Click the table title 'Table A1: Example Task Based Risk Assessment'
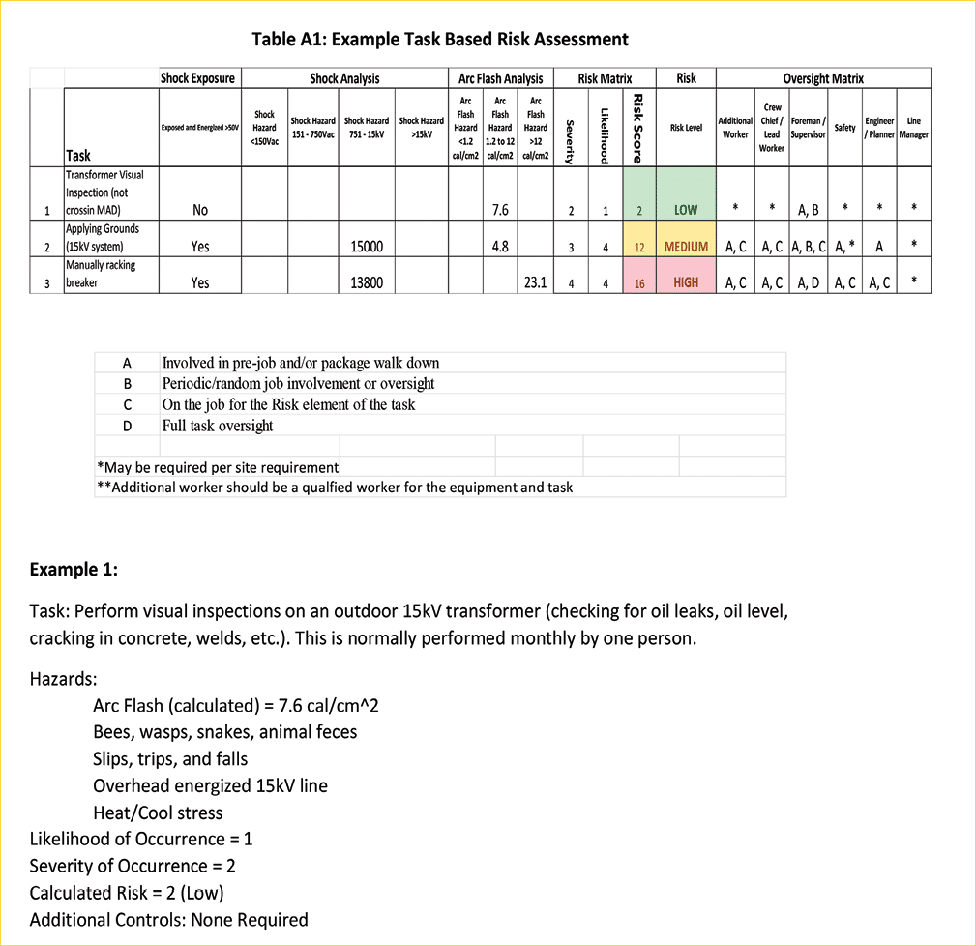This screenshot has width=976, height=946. (x=440, y=40)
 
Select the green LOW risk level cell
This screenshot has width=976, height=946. (x=686, y=210)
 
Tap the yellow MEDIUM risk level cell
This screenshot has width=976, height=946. (x=686, y=247)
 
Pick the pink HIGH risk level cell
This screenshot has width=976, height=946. (x=686, y=282)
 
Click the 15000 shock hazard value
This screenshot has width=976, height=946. (x=367, y=247)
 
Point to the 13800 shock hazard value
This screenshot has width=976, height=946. (x=367, y=282)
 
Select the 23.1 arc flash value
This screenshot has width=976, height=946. (x=535, y=282)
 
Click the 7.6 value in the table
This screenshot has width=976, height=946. (x=500, y=210)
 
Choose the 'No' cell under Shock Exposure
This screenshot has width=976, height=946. (x=199, y=210)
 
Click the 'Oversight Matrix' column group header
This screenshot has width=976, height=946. (x=823, y=78)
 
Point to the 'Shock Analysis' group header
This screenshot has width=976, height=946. (x=344, y=78)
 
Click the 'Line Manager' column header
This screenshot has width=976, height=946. (x=913, y=128)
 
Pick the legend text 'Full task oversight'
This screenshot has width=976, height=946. (x=218, y=426)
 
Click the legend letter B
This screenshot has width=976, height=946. (x=128, y=384)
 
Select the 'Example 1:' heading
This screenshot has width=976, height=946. (x=74, y=569)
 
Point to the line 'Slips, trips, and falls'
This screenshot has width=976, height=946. (x=170, y=759)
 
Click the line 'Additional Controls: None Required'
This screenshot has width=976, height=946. (x=168, y=919)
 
